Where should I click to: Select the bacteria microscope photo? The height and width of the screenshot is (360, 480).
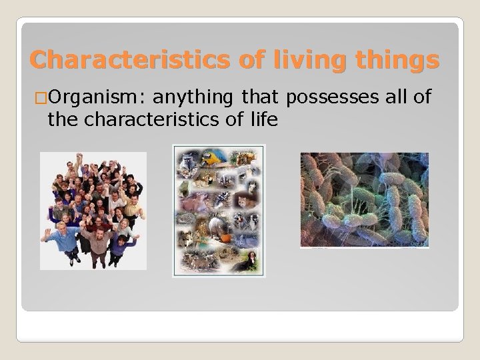[x=364, y=200]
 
